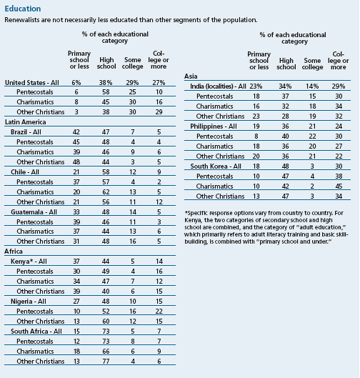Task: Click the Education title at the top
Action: click(23, 9)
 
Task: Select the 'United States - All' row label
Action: click(32, 82)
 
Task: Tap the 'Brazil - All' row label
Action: click(26, 132)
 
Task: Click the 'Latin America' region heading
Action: click(25, 122)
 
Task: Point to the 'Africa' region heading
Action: click(14, 252)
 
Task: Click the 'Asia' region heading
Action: click(191, 76)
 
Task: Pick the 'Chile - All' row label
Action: click(25, 172)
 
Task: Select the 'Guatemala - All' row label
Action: click(34, 212)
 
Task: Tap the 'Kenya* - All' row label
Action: click(29, 262)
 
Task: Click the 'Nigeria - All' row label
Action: click(28, 302)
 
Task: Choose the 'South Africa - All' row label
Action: click(36, 332)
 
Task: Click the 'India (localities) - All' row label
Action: click(218, 86)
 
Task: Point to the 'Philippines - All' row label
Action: click(214, 126)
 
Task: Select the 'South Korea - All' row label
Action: click(216, 166)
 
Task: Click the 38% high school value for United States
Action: click(106, 83)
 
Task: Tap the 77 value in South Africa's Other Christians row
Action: click(106, 362)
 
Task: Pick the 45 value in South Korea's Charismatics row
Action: click(339, 186)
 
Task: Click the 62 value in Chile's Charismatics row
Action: click(106, 192)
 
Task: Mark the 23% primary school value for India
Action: click(256, 86)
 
